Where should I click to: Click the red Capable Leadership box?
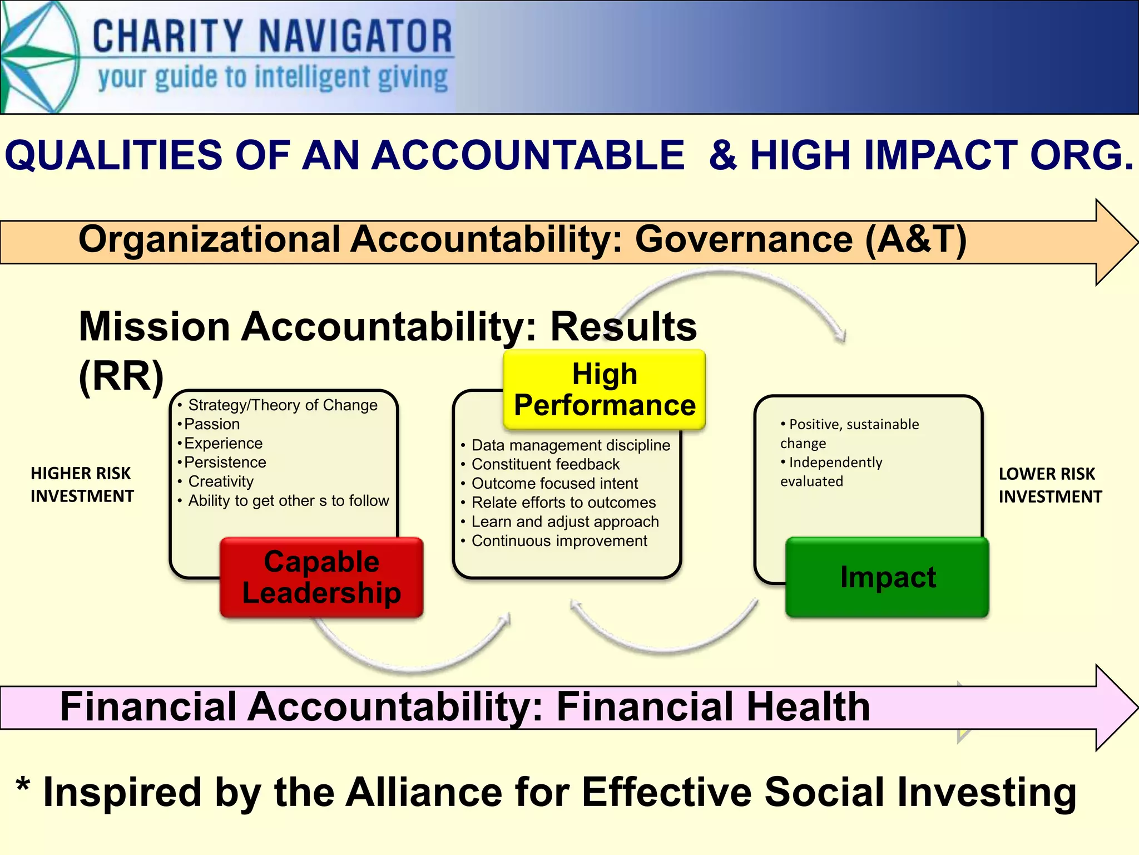321,577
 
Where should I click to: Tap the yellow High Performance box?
605,390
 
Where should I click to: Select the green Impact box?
888,577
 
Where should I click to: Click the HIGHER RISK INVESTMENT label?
82,484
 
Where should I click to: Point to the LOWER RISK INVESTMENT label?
1049,485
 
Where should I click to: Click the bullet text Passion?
212,424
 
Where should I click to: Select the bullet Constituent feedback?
545,464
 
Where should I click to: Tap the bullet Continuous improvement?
559,541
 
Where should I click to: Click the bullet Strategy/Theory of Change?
283,405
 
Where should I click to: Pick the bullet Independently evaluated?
831,471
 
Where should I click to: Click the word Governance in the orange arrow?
744,239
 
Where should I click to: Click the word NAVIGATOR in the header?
355,37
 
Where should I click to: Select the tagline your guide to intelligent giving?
273,78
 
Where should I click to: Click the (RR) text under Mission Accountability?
121,377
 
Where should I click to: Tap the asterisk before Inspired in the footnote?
23,787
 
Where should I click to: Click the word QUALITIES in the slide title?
113,155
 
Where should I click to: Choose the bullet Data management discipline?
571,445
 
